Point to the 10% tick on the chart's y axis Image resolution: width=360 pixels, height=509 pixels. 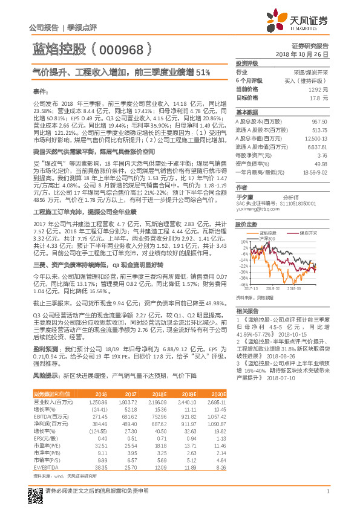243,242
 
